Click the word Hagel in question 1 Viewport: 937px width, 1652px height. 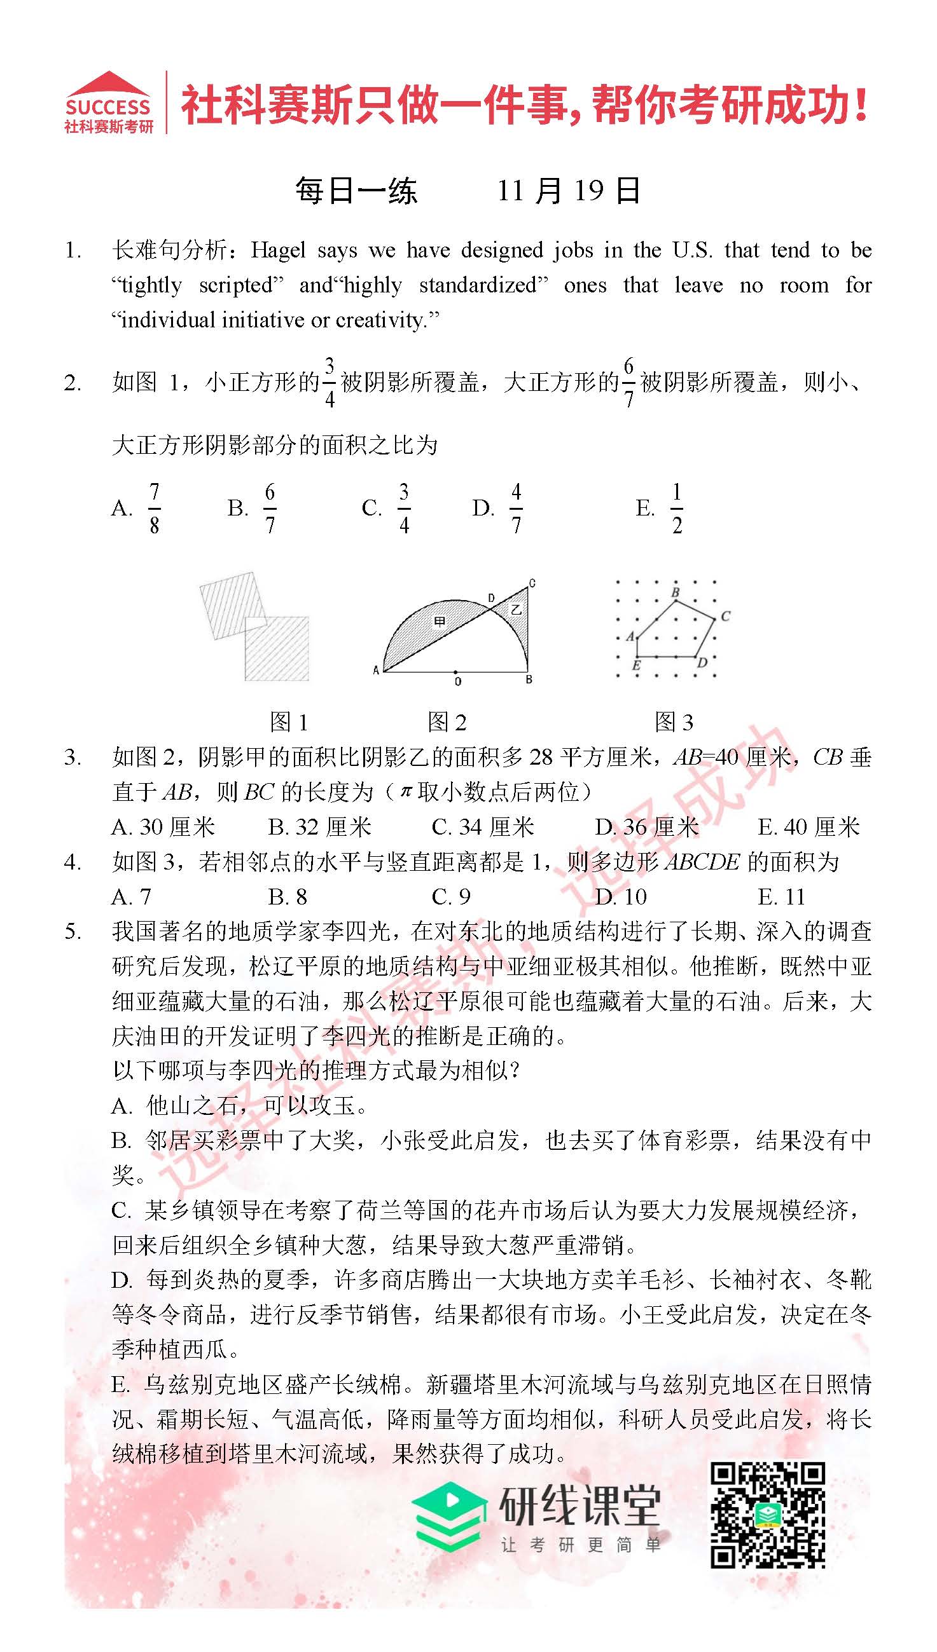(x=278, y=250)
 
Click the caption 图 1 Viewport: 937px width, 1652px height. (x=289, y=722)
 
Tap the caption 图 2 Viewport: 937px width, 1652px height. (x=447, y=722)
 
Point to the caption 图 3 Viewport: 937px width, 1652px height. (x=674, y=722)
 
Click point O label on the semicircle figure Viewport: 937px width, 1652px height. (x=457, y=681)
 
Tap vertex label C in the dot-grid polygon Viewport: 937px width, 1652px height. (x=725, y=616)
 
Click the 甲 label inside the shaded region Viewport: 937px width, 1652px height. (x=440, y=620)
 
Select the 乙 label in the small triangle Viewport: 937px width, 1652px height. (x=515, y=609)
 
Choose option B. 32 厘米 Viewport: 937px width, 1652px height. (x=320, y=827)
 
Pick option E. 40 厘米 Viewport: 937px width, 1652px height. (x=809, y=827)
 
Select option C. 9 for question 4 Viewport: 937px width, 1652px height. (x=451, y=896)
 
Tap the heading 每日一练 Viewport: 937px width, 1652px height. (x=356, y=191)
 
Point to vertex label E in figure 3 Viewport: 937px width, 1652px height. (x=636, y=666)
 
